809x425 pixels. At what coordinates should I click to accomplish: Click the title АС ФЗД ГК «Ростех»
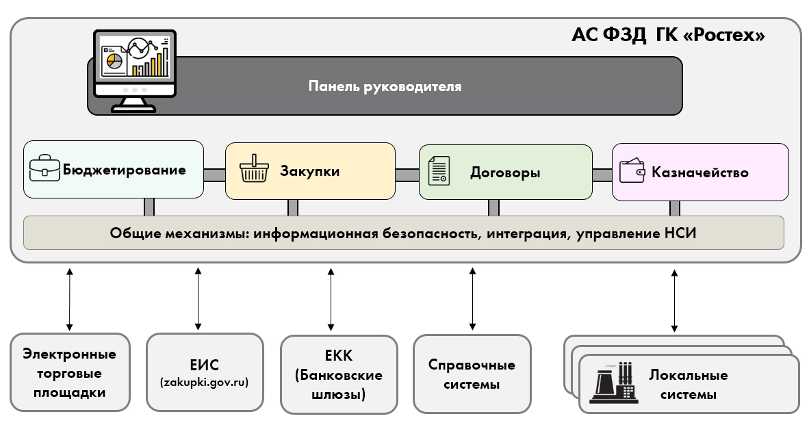point(667,36)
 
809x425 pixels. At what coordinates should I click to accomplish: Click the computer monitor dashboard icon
point(134,70)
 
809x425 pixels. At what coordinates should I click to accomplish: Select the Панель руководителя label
point(385,87)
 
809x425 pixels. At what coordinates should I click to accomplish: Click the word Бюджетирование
point(124,170)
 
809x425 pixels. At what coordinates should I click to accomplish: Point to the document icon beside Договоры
point(439,170)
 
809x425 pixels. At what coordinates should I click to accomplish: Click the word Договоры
point(505,172)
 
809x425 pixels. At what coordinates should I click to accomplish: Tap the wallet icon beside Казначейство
point(632,170)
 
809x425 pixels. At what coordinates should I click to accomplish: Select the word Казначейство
point(700,172)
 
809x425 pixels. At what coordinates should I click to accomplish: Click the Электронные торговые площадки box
point(70,373)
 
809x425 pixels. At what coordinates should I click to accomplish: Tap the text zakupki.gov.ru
point(203,382)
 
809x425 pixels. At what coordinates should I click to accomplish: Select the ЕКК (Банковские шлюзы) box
point(339,374)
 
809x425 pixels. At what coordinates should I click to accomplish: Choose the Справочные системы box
point(472,374)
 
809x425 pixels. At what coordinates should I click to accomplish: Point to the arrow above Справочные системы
point(472,298)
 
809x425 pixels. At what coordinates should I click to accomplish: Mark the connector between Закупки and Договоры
point(407,175)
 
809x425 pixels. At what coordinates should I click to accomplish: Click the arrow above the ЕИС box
point(198,298)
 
